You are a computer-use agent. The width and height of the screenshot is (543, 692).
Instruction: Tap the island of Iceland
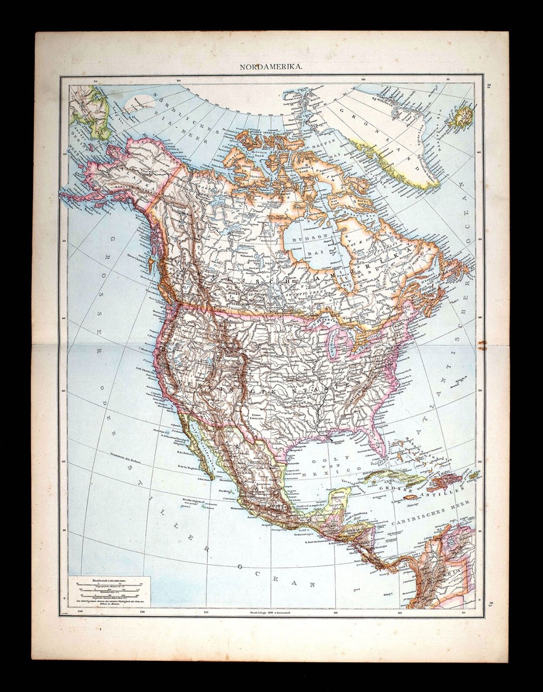tap(462, 116)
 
